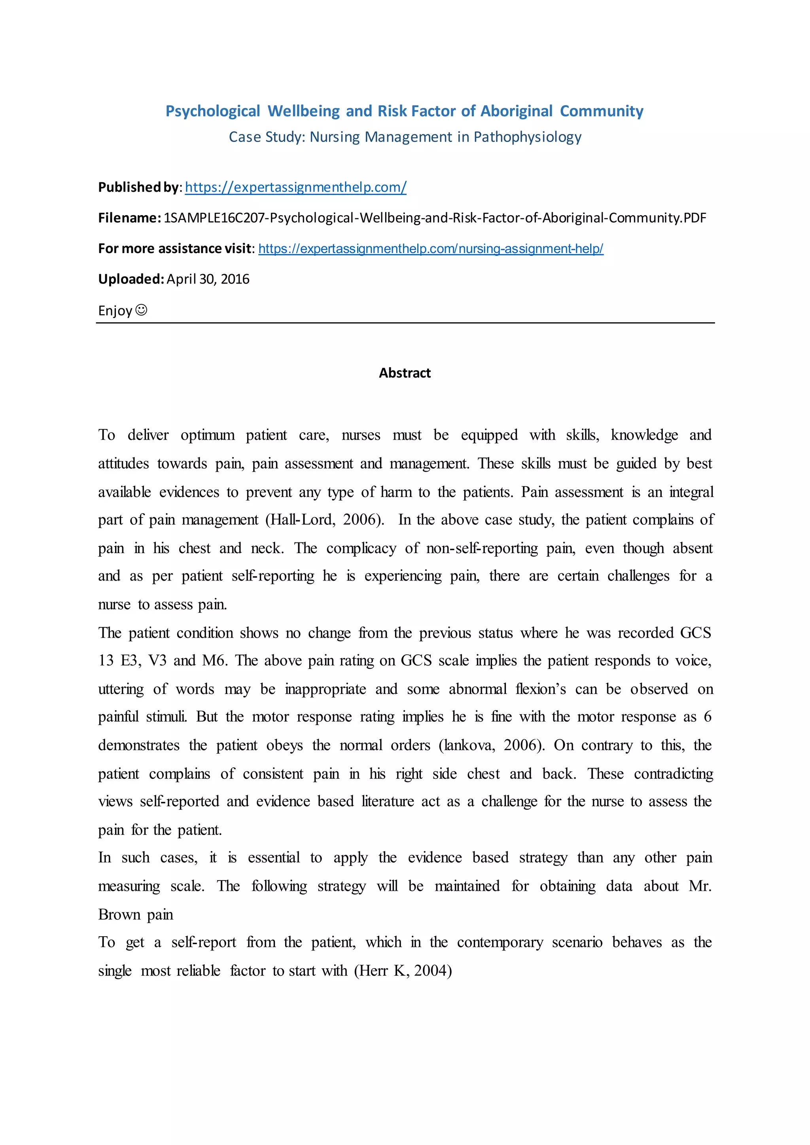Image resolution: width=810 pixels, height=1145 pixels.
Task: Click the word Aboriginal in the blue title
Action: pyautogui.click(x=516, y=111)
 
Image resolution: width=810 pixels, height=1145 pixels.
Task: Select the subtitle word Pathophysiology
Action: pyautogui.click(x=527, y=137)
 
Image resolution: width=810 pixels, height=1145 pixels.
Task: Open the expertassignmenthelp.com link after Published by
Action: pyautogui.click(x=295, y=187)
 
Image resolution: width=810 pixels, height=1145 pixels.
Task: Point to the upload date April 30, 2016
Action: pyautogui.click(x=208, y=279)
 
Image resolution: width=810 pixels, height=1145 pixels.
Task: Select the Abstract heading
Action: pyautogui.click(x=405, y=373)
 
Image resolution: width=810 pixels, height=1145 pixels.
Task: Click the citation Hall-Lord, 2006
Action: pyautogui.click(x=325, y=520)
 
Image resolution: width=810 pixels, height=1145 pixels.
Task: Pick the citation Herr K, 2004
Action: pyautogui.click(x=403, y=971)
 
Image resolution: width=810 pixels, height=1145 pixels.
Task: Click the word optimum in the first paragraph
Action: pyautogui.click(x=208, y=435)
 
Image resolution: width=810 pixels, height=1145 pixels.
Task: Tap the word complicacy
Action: pyautogui.click(x=361, y=548)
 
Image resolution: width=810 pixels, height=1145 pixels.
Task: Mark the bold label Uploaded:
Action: pyautogui.click(x=131, y=279)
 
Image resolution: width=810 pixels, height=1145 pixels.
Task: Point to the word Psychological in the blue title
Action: pyautogui.click(x=212, y=111)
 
